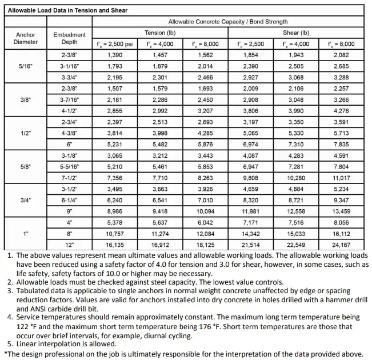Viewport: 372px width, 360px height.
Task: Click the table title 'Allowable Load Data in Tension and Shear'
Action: click(x=67, y=10)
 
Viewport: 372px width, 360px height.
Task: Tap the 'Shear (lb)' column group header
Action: click(x=297, y=33)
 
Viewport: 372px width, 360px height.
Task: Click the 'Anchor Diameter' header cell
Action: click(x=26, y=38)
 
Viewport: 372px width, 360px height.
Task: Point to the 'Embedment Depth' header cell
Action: click(x=70, y=38)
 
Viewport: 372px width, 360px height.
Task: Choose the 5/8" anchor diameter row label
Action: click(x=26, y=167)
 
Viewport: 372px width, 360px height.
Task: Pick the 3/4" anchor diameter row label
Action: click(x=26, y=201)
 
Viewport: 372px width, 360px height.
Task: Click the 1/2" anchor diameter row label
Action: click(x=26, y=133)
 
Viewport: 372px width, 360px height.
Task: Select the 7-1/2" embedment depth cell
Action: click(x=70, y=178)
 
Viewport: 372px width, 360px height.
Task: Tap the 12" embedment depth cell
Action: click(x=70, y=245)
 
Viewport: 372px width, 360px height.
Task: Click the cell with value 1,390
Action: click(x=115, y=55)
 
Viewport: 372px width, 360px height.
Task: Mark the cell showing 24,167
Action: click(x=341, y=245)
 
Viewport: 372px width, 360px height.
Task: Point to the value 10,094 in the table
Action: click(x=204, y=211)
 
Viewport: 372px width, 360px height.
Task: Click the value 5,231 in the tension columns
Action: click(x=115, y=145)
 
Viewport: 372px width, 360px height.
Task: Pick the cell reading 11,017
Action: click(x=341, y=178)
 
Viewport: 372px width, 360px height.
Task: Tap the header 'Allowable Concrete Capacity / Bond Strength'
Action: click(x=227, y=22)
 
